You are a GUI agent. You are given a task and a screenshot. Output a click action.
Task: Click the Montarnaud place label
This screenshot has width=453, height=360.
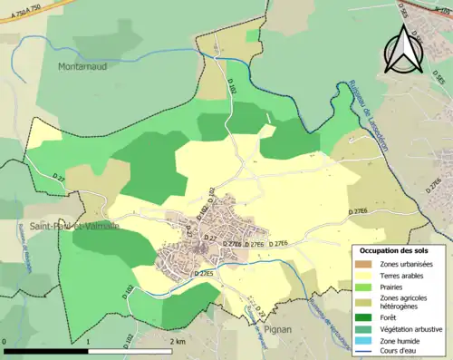(x=84, y=66)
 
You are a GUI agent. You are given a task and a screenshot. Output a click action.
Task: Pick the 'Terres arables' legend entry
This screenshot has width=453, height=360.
(x=392, y=275)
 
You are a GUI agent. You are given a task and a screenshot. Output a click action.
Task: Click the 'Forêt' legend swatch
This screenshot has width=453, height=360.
(x=362, y=317)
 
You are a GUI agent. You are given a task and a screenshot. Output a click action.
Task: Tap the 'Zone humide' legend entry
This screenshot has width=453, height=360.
(x=392, y=339)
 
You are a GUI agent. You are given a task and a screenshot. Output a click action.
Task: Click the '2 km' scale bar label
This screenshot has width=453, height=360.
(x=177, y=342)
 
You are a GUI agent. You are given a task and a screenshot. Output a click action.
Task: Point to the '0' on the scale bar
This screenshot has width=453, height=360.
(x=5, y=342)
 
